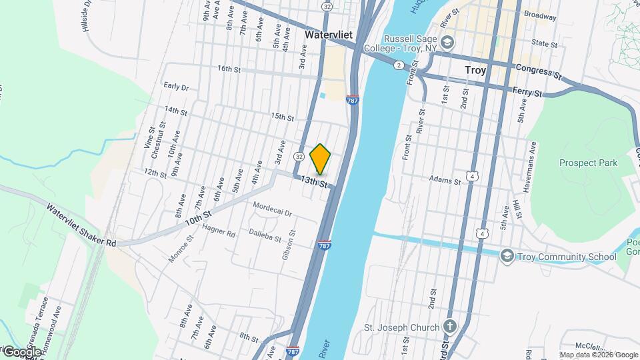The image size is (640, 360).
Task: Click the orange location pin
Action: point(321,159)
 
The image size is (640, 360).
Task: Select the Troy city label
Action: point(475,69)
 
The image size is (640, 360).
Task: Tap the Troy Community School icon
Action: point(507,257)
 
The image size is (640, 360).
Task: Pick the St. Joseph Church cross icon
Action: point(450,327)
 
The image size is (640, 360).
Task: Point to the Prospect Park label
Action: point(588,163)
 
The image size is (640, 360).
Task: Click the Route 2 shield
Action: point(398,65)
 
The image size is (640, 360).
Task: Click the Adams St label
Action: point(445,181)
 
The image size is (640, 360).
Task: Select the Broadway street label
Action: point(539,15)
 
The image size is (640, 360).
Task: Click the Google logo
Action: point(21,351)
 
